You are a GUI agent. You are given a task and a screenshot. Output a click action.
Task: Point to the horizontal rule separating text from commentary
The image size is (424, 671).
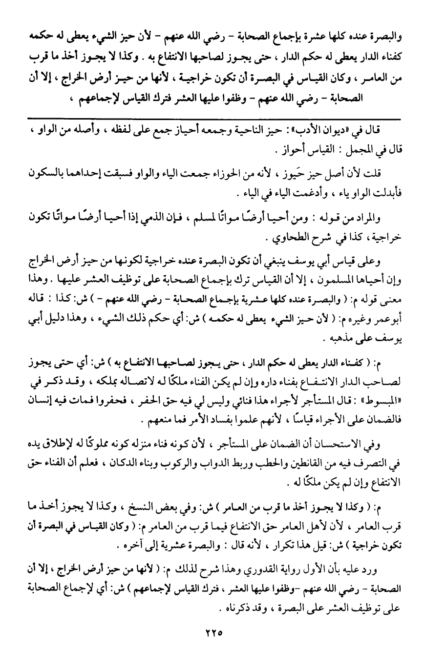click(212, 119)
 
